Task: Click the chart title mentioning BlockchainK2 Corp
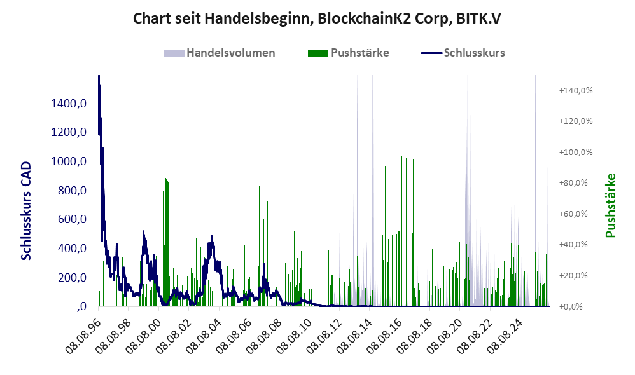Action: click(317, 18)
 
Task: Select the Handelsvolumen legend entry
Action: click(220, 53)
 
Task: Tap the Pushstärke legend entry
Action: click(348, 53)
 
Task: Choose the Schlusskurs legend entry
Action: click(463, 53)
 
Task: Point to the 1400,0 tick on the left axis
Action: click(69, 104)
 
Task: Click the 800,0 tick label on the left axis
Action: click(72, 191)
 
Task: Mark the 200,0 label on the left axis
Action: click(72, 278)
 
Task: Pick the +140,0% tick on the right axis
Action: click(575, 91)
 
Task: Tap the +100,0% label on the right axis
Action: click(575, 152)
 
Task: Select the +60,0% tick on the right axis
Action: click(573, 214)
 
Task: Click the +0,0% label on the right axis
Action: click(571, 306)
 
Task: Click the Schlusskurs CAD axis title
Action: click(26, 211)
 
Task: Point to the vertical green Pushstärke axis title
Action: click(610, 205)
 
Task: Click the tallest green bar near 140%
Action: click(165, 198)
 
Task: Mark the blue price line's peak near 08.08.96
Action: click(99, 76)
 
